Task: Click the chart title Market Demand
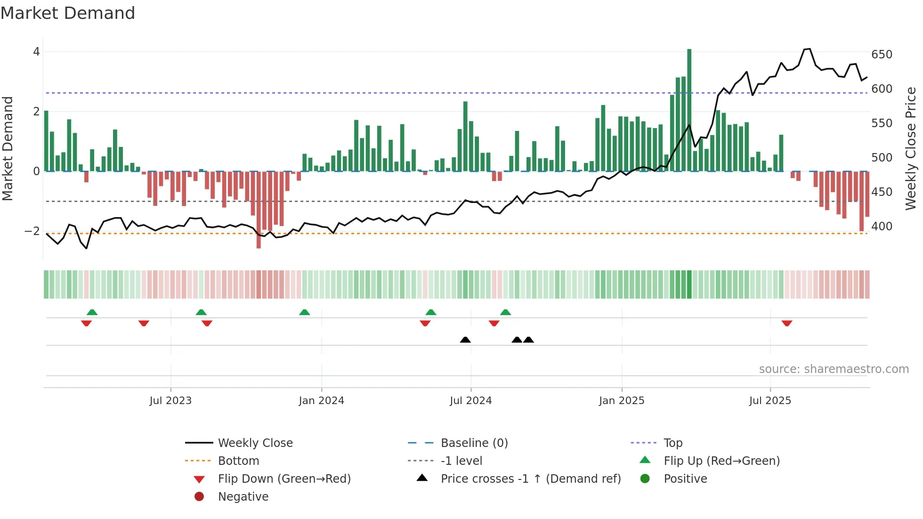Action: pos(68,13)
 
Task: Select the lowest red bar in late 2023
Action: pos(259,210)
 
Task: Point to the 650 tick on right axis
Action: pos(882,55)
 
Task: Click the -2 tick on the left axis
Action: pos(32,231)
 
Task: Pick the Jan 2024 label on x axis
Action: pos(321,401)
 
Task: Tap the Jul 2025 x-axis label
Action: pos(770,401)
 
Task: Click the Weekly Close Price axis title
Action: pos(911,148)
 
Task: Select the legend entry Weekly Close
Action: pos(255,443)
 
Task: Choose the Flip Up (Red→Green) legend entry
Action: pos(721,461)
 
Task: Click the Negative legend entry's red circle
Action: pos(199,497)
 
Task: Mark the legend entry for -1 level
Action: pos(461,461)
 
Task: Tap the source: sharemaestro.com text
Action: pos(834,369)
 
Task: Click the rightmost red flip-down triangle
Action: pos(787,323)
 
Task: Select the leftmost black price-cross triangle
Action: pos(465,340)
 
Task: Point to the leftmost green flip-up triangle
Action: pos(92,312)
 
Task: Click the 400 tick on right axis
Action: pos(882,227)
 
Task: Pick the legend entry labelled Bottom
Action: pos(238,461)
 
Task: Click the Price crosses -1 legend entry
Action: pos(530,479)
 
